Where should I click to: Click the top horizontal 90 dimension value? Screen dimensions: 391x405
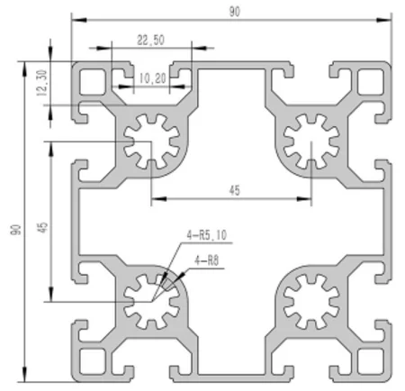(234, 11)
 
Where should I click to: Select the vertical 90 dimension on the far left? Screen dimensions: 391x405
(14, 231)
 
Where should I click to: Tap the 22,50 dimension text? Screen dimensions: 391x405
(151, 40)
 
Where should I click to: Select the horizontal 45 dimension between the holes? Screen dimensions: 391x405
(234, 190)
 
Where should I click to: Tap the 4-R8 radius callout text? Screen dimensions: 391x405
(206, 262)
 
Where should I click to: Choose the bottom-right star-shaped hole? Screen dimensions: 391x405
(310, 302)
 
